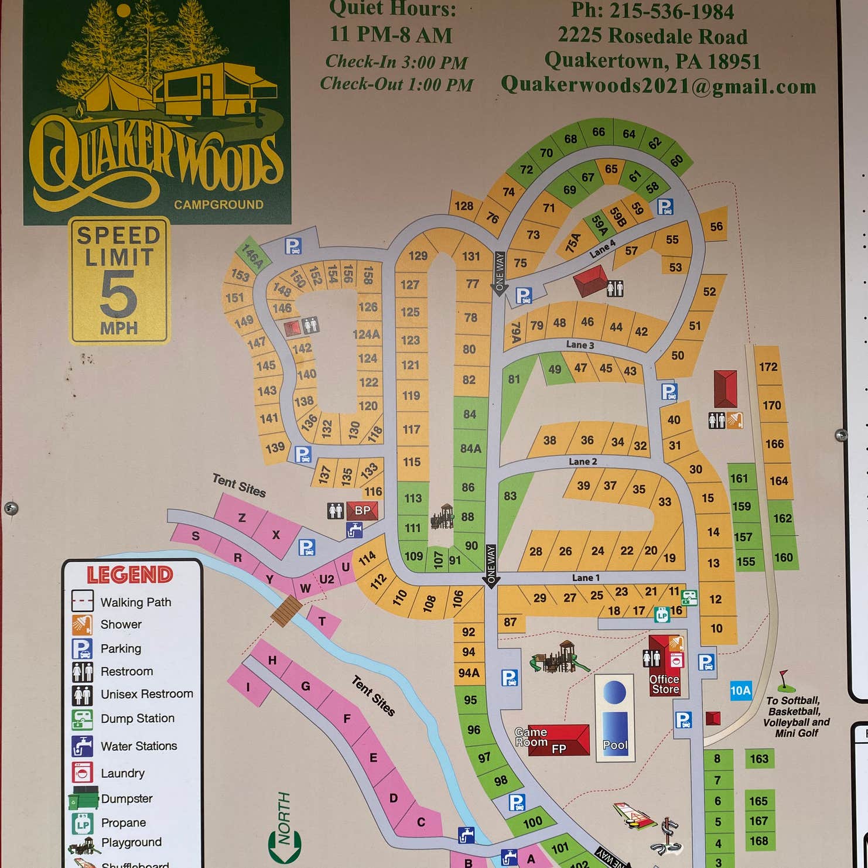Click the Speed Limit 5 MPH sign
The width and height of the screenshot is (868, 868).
coord(119,281)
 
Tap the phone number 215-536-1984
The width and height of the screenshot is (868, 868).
coord(652,11)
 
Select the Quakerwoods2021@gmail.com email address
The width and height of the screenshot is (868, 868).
coord(658,86)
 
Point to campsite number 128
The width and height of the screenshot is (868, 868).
coord(463,206)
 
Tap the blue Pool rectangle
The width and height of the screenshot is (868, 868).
coord(615,718)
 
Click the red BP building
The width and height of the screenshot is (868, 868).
coord(362,510)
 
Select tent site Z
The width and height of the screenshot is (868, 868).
coord(241,518)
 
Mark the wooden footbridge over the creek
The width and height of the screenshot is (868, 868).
coord(286,610)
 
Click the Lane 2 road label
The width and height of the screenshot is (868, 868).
coord(583,462)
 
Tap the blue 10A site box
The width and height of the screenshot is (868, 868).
coord(740,691)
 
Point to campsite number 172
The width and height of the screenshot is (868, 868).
coord(768,367)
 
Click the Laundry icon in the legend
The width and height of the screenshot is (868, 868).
coord(83,773)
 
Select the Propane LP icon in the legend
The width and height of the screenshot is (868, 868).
coord(82,823)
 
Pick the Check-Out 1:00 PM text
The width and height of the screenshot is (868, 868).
coord(397,84)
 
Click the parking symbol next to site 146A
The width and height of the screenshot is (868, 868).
coord(293,246)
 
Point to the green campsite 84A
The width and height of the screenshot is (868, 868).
coord(470,449)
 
